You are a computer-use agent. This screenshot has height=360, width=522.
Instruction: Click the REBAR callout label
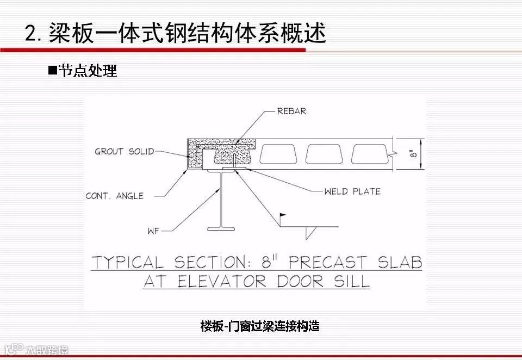[291, 111]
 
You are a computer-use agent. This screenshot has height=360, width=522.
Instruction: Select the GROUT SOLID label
[125, 151]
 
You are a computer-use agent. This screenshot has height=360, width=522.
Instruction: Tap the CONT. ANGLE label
[115, 196]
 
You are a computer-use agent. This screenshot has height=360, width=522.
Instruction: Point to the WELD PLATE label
[352, 191]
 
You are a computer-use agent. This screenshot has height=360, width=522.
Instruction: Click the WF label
[153, 231]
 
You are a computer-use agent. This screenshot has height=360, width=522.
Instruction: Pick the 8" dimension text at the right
[414, 154]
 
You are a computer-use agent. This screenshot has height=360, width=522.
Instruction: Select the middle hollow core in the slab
[324, 154]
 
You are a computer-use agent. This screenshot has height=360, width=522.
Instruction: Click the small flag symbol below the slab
[282, 216]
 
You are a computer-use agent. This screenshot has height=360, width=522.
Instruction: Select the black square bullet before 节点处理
[52, 71]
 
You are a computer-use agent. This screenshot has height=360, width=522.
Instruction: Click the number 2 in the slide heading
[31, 33]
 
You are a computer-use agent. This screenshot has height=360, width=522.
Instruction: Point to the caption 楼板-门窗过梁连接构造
[260, 326]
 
